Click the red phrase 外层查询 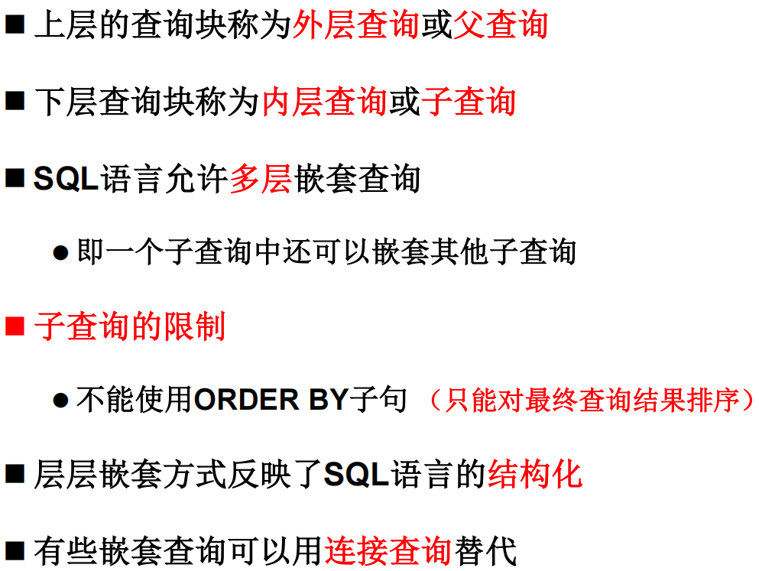[355, 26]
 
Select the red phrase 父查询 [501, 26]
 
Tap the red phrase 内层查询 [324, 102]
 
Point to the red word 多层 [260, 179]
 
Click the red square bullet [15, 327]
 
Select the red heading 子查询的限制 [130, 327]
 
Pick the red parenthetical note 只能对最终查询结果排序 [592, 400]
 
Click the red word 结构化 [535, 475]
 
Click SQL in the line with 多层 [66, 179]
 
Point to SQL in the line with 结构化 [357, 475]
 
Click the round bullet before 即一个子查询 [60, 253]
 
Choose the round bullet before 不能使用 [60, 401]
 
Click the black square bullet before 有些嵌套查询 [15, 550]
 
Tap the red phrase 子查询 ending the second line [469, 102]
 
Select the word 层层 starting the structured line [66, 475]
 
